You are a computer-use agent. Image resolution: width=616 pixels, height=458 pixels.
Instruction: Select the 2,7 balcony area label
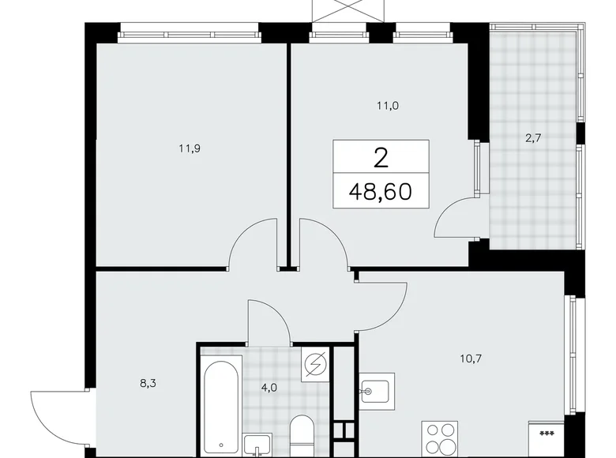[533, 137]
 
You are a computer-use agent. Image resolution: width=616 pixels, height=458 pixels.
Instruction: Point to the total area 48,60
[381, 190]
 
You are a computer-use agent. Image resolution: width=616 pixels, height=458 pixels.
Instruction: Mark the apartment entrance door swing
[51, 417]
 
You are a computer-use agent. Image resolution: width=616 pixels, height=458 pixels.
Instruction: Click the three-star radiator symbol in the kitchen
[546, 434]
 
